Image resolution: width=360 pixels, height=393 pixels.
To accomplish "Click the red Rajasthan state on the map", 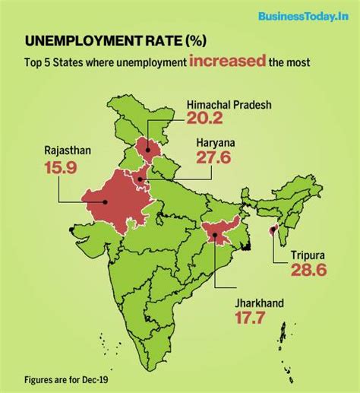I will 114,199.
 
